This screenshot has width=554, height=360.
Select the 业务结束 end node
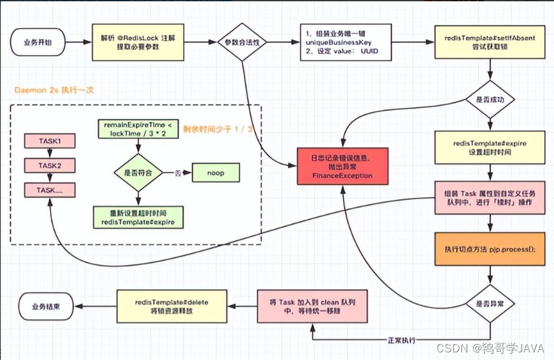coord(46,306)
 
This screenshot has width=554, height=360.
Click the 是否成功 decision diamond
coord(489,101)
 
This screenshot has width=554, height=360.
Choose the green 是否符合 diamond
coord(137,172)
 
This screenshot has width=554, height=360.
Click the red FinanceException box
coord(343,166)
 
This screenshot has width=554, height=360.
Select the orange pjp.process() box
coord(489,248)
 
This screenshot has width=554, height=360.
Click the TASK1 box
coord(49,141)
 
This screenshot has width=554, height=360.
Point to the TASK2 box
coord(49,165)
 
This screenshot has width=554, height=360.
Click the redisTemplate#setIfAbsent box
coord(489,43)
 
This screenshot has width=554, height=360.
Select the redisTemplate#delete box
coord(170,306)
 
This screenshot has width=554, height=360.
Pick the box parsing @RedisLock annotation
coord(141,43)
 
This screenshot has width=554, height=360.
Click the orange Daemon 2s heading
coord(55,90)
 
